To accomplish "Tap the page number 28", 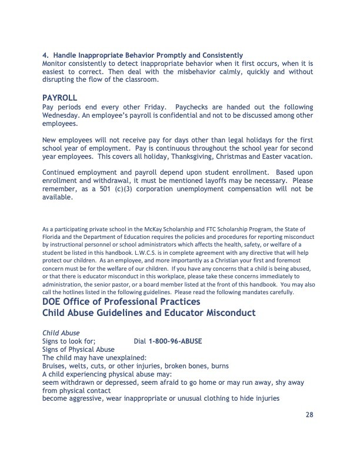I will pyautogui.click(x=309, y=414).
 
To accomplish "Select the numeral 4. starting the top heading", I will pyautogui.click(x=46, y=56).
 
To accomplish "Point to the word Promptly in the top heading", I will pyautogui.click(x=172, y=56).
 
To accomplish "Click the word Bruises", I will pyautogui.click(x=55, y=365).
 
